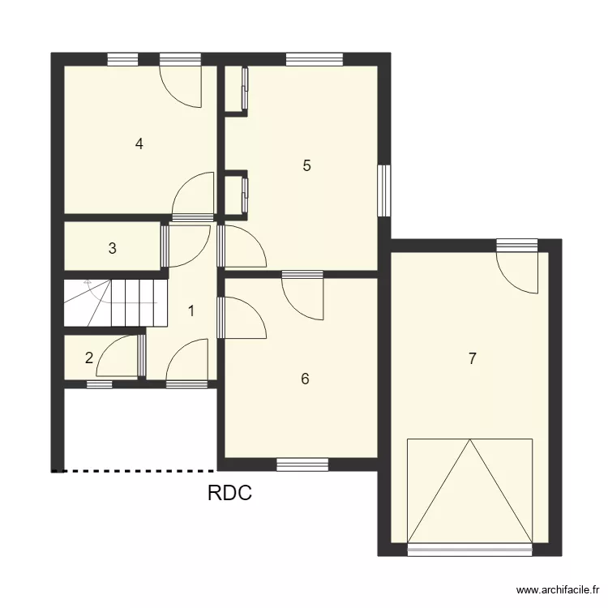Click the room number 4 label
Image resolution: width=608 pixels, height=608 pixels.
point(139,144)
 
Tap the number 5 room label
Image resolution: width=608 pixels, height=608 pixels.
point(306,165)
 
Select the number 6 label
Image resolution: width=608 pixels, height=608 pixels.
point(305,379)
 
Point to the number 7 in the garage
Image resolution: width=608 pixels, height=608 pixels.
point(472,359)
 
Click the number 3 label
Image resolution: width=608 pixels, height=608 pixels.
point(113,249)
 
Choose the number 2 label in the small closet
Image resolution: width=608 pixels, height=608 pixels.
point(89,358)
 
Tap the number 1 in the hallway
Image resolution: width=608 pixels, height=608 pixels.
point(191,310)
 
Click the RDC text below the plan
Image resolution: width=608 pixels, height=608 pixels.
point(229,493)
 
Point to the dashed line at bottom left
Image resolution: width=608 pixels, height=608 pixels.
point(134,470)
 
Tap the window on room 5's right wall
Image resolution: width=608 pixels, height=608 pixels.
point(384,191)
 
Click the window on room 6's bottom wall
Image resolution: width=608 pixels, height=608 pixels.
point(302,465)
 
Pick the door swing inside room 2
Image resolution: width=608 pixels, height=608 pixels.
point(119,358)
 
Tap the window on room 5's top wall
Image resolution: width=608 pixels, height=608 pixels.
point(314,58)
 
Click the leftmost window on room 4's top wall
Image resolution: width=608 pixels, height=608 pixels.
point(122,58)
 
